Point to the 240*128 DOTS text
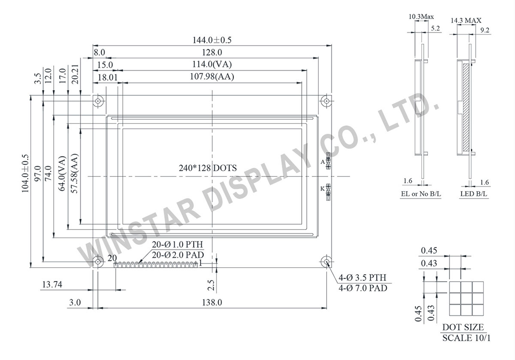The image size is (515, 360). click(x=208, y=168)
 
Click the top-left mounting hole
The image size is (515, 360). click(x=98, y=101)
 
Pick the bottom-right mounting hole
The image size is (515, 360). click(x=327, y=262)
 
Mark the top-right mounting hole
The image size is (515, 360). click(x=327, y=101)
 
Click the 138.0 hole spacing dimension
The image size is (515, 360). click(x=212, y=303)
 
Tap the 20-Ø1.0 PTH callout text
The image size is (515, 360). click(x=177, y=245)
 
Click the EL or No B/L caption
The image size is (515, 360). click(x=421, y=194)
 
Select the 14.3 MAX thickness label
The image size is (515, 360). click(x=466, y=20)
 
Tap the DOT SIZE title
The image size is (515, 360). click(x=463, y=327)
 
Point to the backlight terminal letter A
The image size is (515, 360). click(x=322, y=162)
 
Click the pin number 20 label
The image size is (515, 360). click(x=112, y=258)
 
